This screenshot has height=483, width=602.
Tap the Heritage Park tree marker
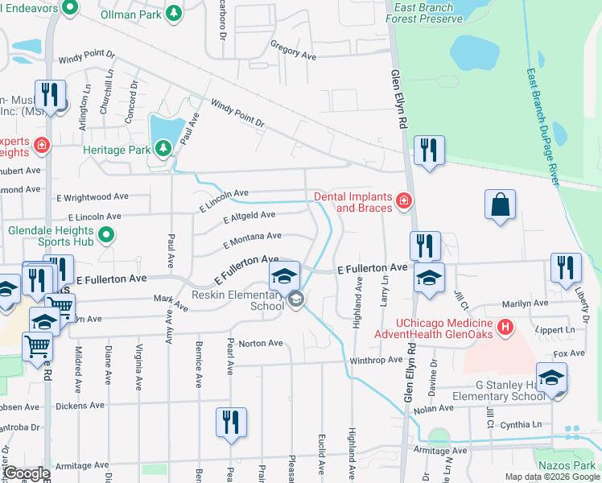pyautogui.click(x=163, y=148)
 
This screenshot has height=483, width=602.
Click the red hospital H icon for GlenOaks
pyautogui.click(x=505, y=327)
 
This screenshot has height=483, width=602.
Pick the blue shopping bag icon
pyautogui.click(x=500, y=204)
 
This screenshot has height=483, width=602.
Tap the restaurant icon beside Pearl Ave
pyautogui.click(x=231, y=423)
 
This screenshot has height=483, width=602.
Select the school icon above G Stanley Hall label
pyautogui.click(x=551, y=378)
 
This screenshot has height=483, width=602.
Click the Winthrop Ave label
pyautogui.click(x=376, y=360)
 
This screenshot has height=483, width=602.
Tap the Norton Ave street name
pyautogui.click(x=261, y=343)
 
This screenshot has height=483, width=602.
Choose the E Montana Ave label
pyautogui.click(x=252, y=238)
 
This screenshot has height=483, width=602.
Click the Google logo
pyautogui.click(x=25, y=473)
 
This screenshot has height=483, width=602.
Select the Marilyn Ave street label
pyautogui.click(x=525, y=304)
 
